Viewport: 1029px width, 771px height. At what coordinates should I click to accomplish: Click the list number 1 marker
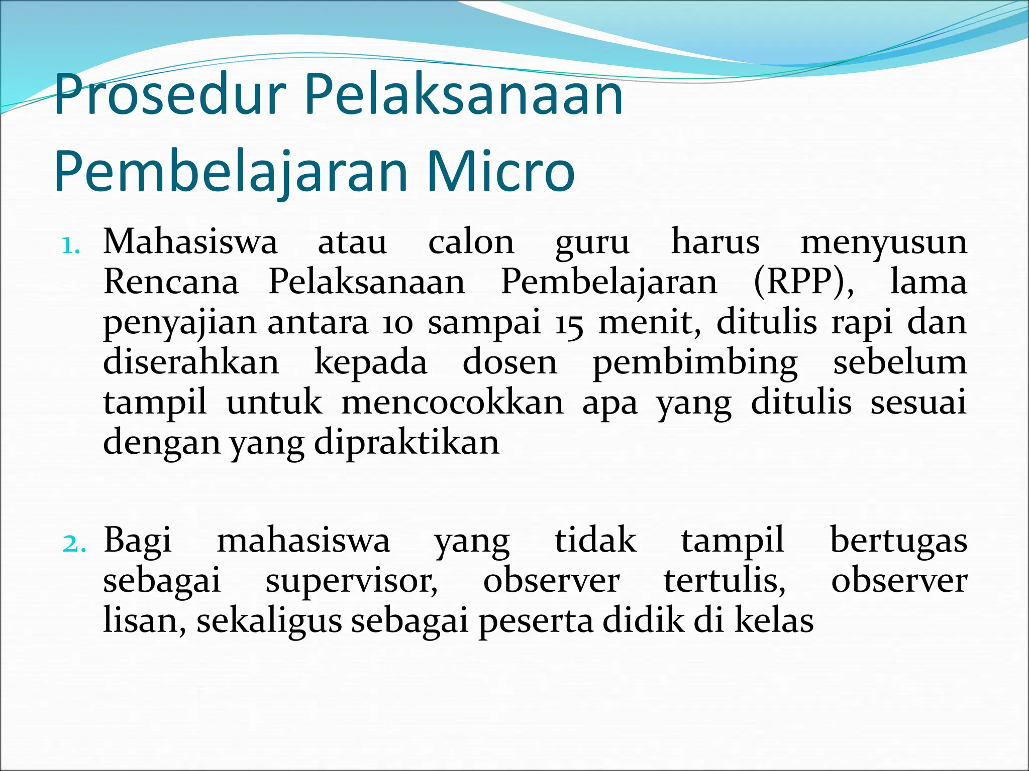click(70, 246)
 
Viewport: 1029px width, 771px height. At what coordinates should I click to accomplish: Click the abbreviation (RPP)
click(803, 282)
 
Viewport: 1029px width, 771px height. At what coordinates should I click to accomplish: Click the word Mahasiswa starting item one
click(190, 242)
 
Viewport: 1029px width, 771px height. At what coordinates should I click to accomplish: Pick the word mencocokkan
click(453, 403)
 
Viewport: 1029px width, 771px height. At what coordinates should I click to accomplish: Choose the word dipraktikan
click(406, 443)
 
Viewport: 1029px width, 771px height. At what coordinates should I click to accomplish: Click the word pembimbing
click(695, 363)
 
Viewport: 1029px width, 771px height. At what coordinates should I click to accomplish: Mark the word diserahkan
click(191, 362)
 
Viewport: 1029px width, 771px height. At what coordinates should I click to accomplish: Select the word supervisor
click(351, 581)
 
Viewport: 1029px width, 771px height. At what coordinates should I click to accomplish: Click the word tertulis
click(725, 581)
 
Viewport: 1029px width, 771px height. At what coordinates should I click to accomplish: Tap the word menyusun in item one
click(883, 243)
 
